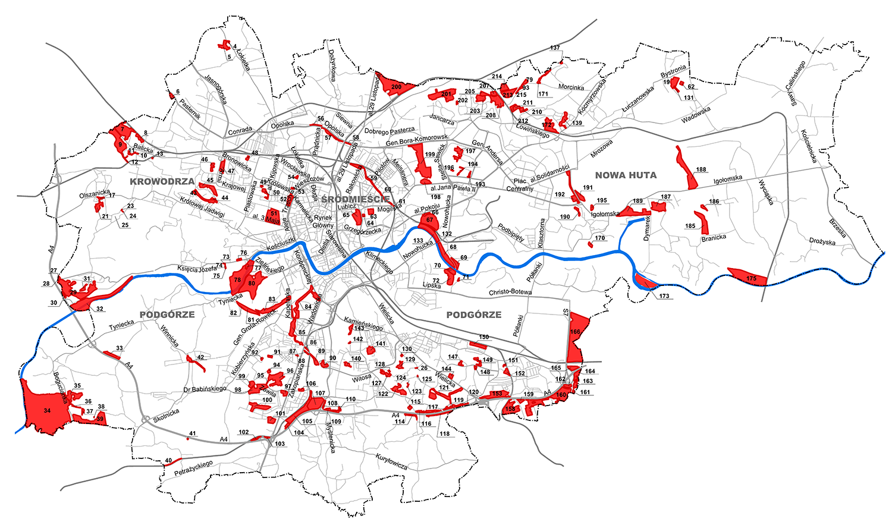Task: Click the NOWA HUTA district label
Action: point(626,175)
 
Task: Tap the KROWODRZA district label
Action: point(162,181)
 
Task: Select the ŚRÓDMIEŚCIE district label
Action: point(355,199)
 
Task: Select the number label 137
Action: point(555,48)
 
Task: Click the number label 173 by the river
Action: point(664,295)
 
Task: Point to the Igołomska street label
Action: point(728,178)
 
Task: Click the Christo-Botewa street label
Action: point(510,293)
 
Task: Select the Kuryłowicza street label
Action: point(391,461)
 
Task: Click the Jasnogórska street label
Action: point(216,89)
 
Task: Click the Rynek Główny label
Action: point(323,221)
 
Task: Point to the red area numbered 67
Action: point(429,221)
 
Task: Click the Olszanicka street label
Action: point(95,194)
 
